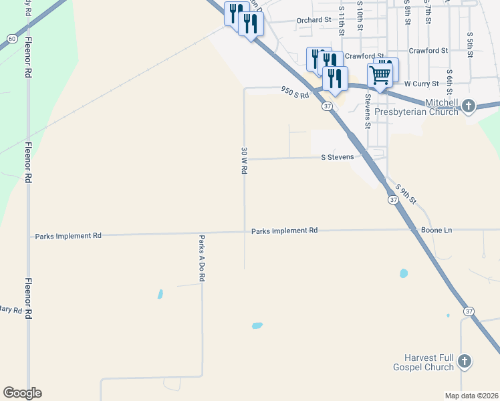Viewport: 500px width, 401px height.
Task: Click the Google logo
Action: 22,393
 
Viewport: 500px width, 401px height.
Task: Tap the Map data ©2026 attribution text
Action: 471,396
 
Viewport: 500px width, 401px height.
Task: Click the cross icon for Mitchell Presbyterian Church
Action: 469,105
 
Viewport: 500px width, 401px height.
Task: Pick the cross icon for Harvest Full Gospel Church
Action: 465,362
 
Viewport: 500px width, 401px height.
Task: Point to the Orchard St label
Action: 314,21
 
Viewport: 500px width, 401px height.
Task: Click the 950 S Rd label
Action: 295,92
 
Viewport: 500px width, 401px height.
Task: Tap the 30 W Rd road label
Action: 245,161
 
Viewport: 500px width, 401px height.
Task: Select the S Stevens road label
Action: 342,158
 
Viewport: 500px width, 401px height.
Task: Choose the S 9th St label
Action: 406,194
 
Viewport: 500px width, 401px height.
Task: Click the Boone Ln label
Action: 436,230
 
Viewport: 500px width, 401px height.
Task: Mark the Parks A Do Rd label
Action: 201,257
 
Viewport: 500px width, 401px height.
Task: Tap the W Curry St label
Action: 421,84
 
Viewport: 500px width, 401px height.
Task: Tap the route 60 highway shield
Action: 13,38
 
